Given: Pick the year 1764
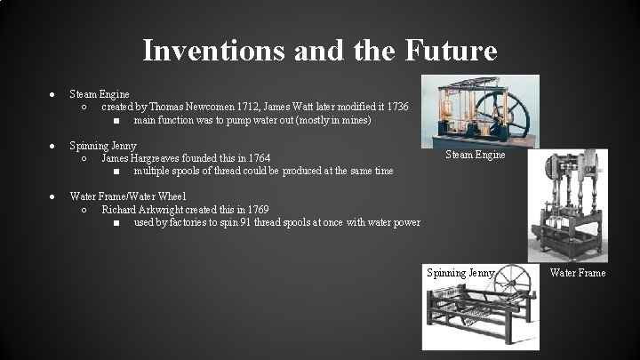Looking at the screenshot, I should point(257,158).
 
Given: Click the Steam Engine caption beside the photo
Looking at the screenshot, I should point(475,155).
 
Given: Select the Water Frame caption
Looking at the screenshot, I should point(577,273).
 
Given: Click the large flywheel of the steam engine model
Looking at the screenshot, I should point(504,113).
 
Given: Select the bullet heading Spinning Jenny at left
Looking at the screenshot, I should point(103,145).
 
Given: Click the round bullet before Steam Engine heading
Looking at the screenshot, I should point(53,93).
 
